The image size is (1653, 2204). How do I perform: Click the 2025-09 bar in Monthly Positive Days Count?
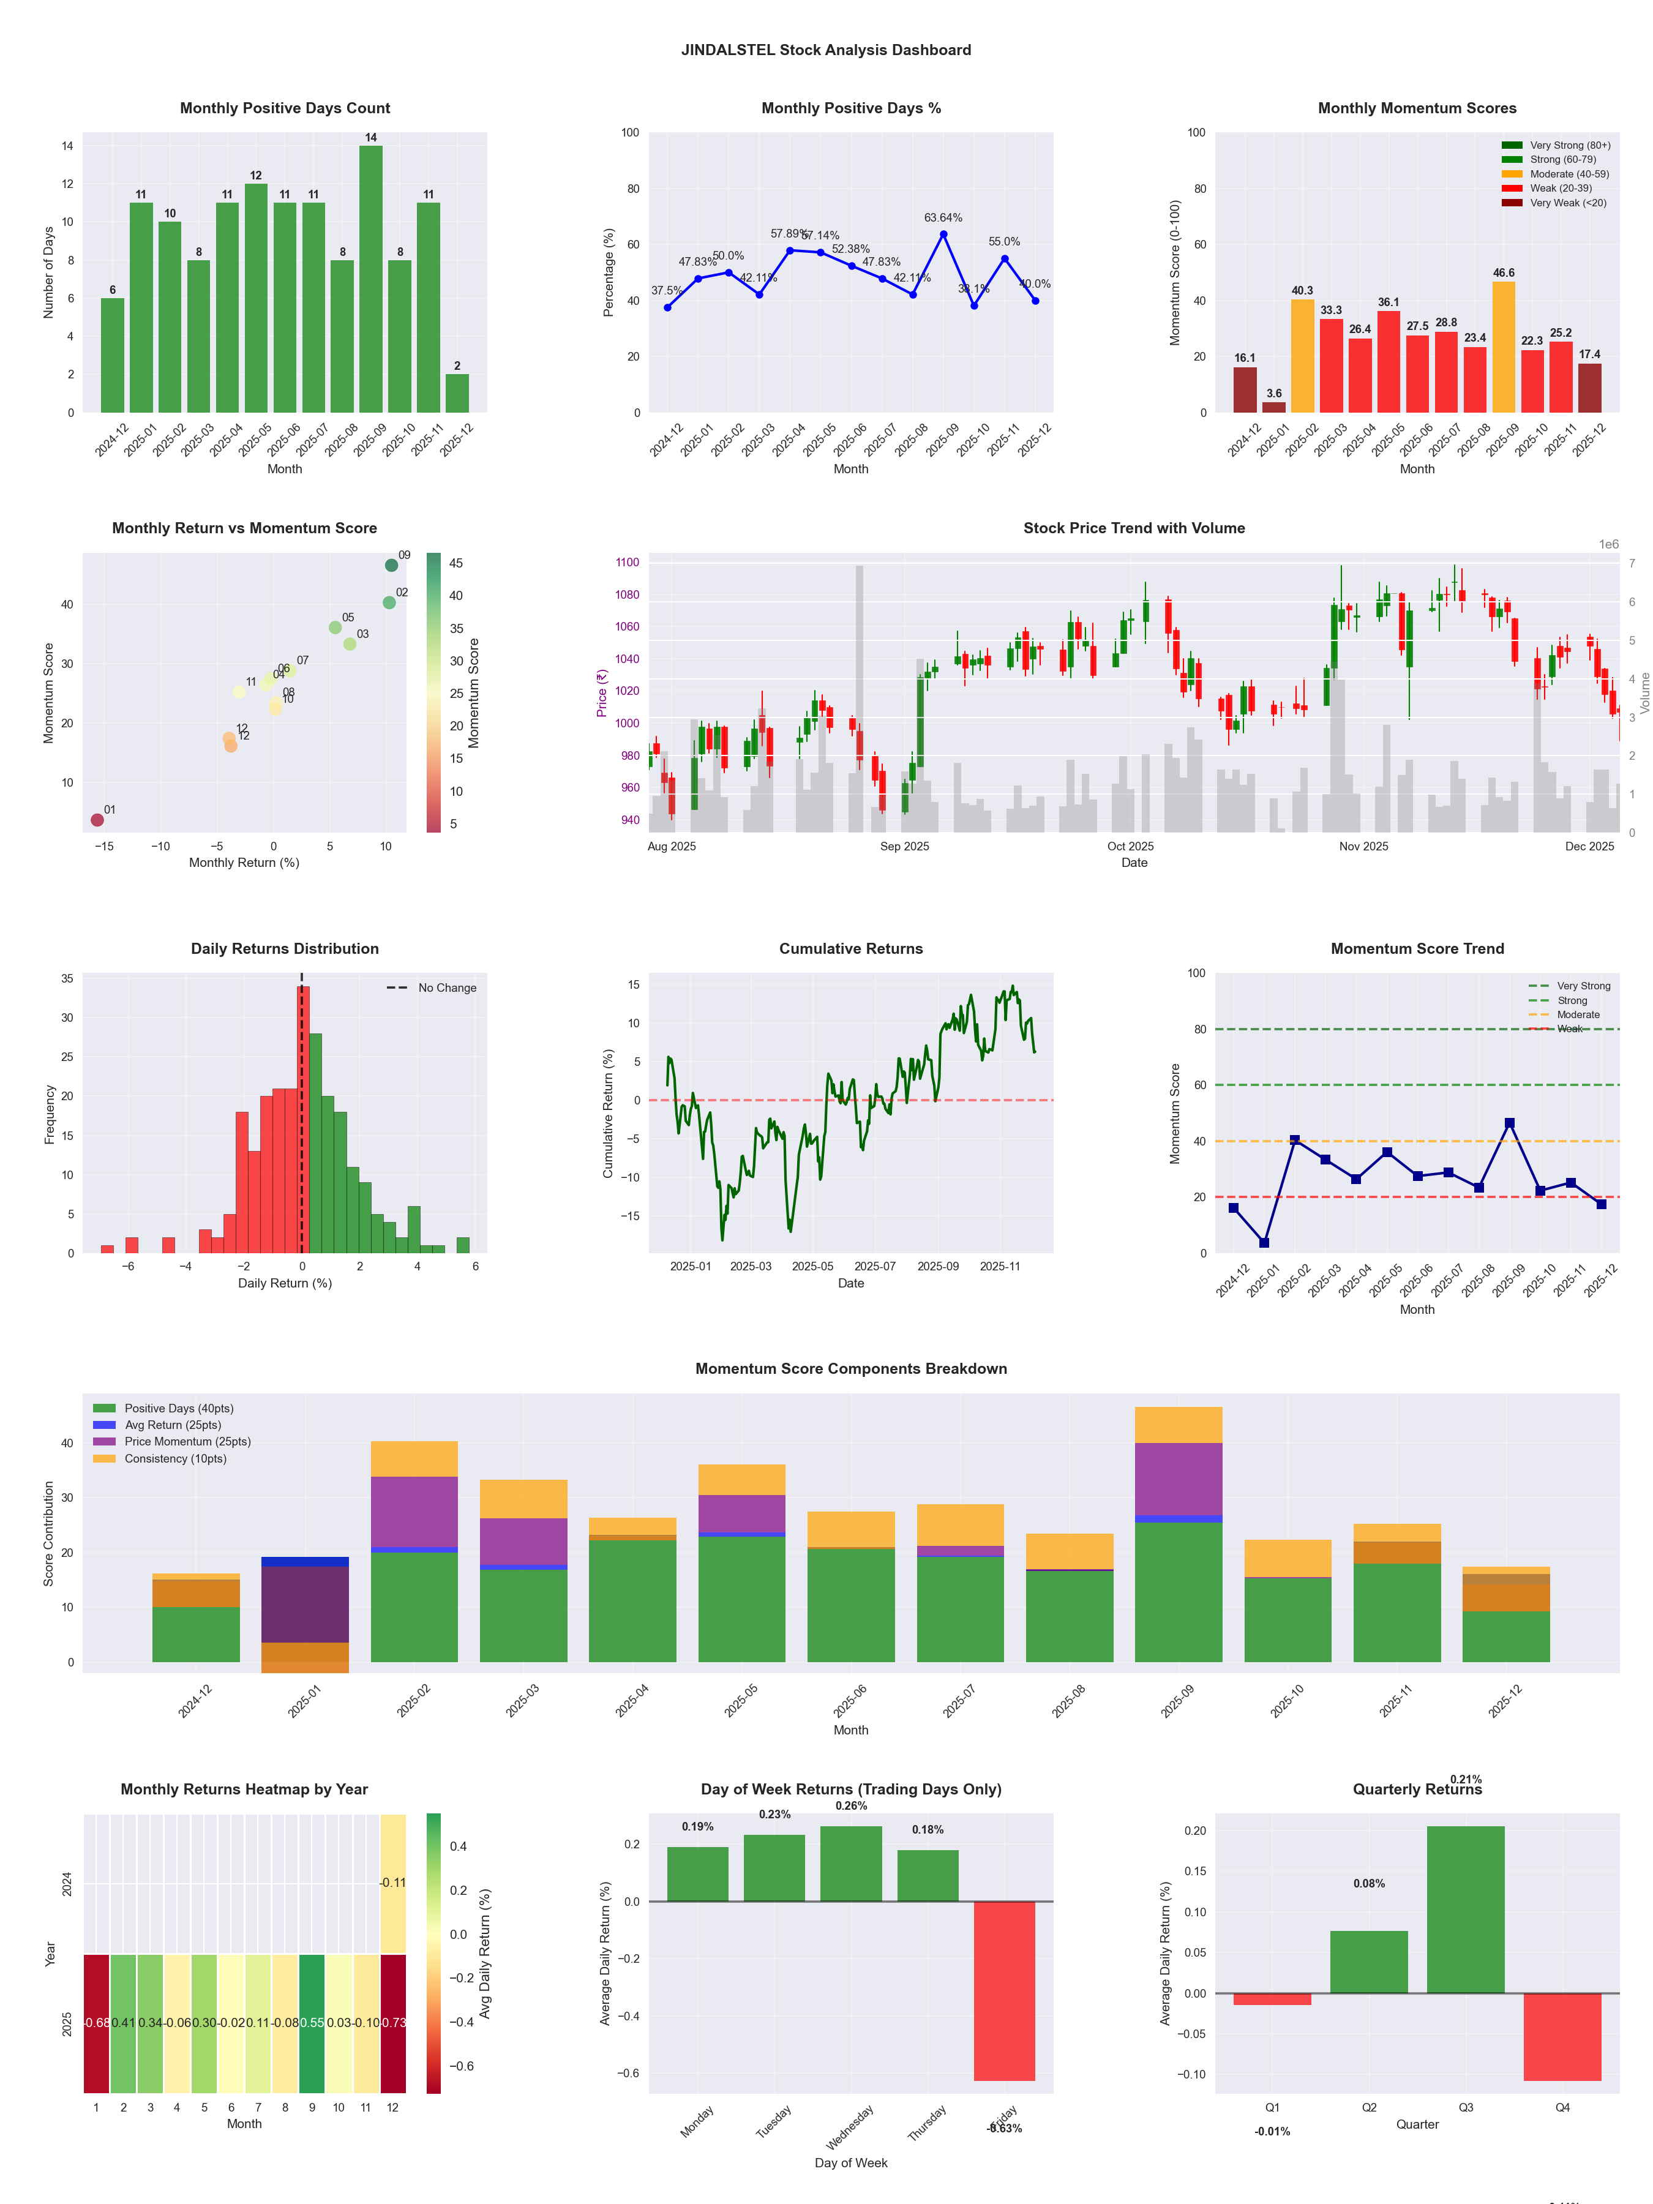[x=370, y=279]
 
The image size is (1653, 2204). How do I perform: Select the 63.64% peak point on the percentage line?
[x=943, y=234]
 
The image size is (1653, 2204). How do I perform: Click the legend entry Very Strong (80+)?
[x=1569, y=146]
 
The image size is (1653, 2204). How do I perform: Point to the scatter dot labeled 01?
[x=97, y=820]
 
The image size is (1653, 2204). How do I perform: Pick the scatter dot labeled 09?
[x=392, y=565]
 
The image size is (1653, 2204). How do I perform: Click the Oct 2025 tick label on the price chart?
[x=1130, y=847]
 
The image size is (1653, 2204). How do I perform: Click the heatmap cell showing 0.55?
[x=312, y=2023]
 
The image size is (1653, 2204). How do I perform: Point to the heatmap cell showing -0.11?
[x=392, y=1883]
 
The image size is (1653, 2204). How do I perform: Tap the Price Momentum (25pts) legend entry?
[x=187, y=1442]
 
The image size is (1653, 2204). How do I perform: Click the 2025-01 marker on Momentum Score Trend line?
[x=1264, y=1242]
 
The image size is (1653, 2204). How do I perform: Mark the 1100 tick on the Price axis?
[x=628, y=562]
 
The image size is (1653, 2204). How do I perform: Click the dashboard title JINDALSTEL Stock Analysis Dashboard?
[x=826, y=50]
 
